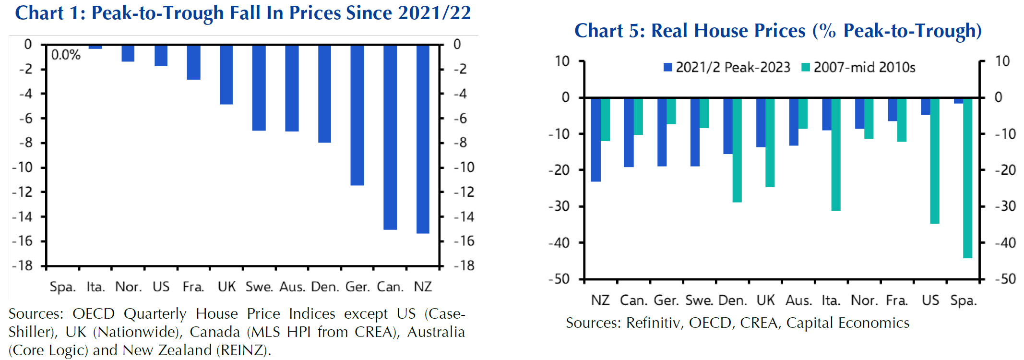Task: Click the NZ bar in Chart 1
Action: (423, 139)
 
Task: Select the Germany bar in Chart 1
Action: (357, 115)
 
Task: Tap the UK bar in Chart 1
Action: (226, 75)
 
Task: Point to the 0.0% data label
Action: (66, 55)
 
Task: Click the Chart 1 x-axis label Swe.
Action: (259, 287)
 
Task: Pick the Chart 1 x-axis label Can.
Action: (390, 287)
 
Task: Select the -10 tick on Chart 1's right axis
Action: (464, 168)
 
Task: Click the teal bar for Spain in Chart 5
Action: (967, 178)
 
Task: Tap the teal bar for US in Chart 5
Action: (935, 161)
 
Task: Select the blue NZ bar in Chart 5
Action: (595, 140)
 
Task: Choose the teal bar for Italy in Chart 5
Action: (836, 154)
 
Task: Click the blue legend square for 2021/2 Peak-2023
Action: (667, 67)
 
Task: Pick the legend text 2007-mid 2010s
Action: (864, 67)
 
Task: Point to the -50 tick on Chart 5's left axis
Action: (559, 279)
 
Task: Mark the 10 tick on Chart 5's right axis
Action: (1002, 61)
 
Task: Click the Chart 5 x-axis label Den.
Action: (733, 301)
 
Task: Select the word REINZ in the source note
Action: (242, 350)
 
